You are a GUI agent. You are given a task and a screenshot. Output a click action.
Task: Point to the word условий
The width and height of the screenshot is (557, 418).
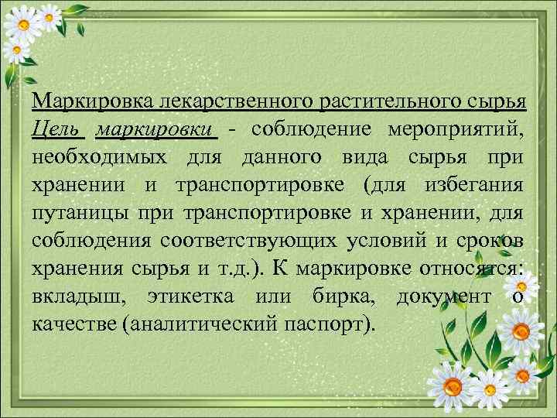point(382,240)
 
